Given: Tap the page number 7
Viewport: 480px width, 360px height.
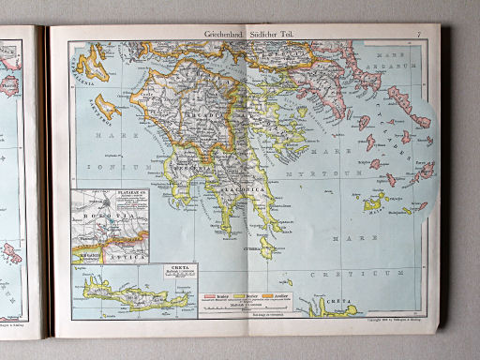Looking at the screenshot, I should click(419, 35).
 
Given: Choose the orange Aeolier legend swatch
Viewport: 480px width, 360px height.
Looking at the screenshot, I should click(276, 297).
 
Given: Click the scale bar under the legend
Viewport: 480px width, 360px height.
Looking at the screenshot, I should click(246, 307).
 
